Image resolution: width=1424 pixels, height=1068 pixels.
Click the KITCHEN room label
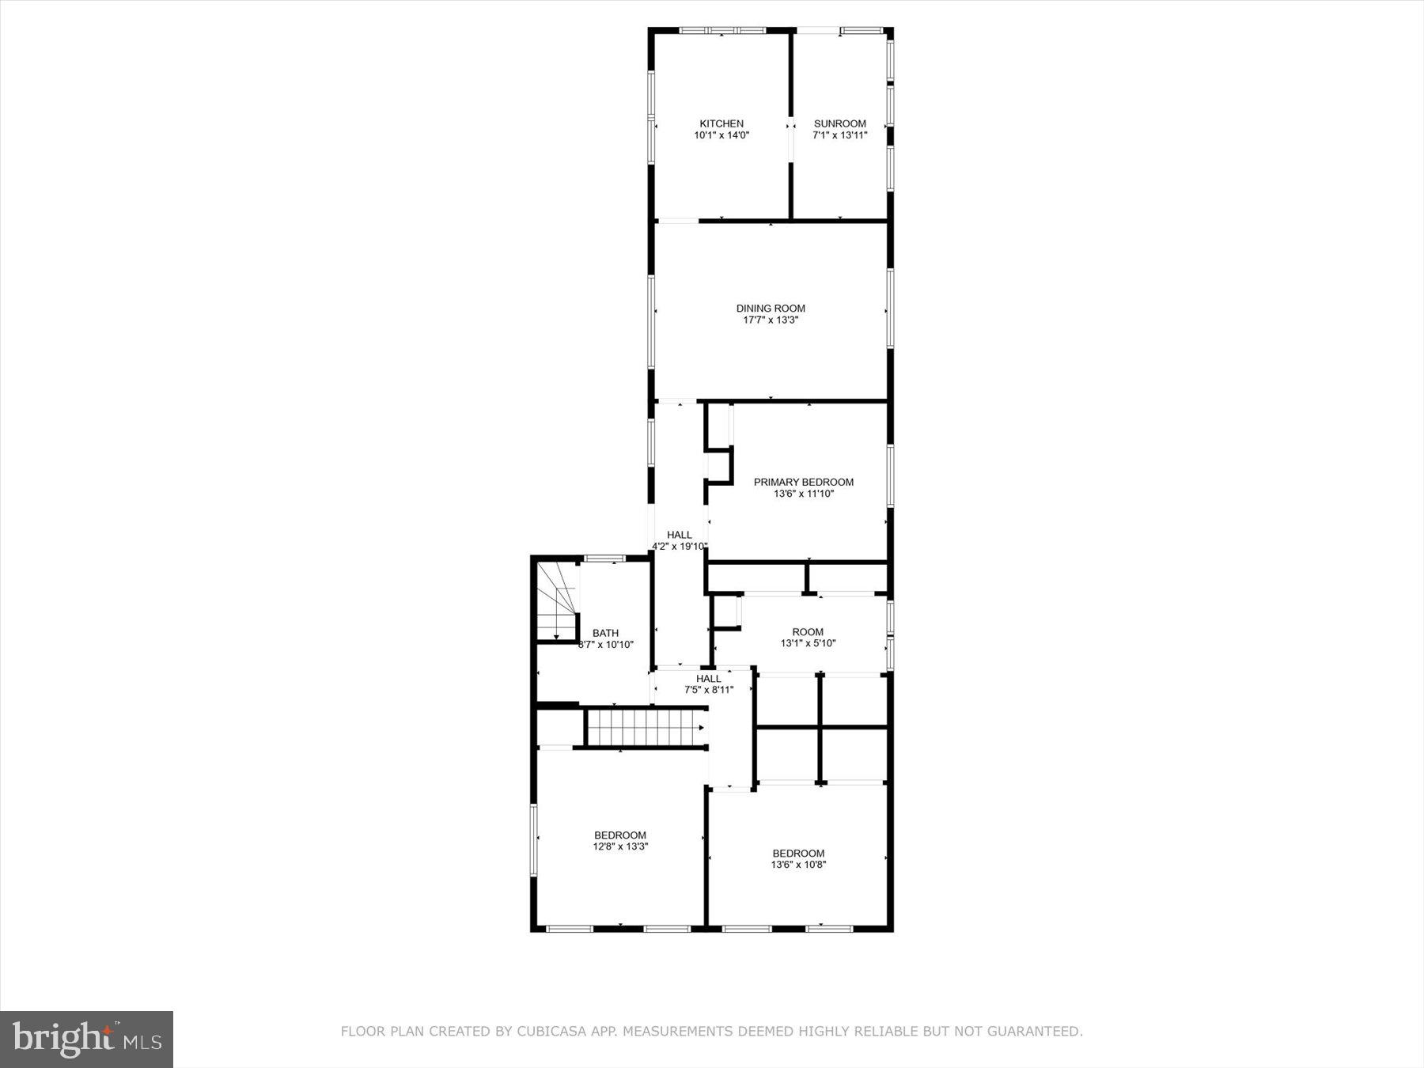[721, 124]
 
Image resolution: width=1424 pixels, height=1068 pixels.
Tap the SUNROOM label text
[839, 124]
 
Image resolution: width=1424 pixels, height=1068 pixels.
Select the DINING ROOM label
[771, 309]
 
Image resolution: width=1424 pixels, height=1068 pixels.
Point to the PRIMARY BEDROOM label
[803, 482]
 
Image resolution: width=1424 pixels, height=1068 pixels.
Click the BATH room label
[605, 633]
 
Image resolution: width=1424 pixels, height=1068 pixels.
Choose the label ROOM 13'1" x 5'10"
[808, 632]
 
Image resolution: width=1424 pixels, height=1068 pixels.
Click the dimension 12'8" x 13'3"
[620, 846]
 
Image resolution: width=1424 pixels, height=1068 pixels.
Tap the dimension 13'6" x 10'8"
[798, 865]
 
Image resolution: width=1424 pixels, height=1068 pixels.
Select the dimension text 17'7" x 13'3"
[771, 320]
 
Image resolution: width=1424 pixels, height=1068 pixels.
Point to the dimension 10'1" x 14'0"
[721, 135]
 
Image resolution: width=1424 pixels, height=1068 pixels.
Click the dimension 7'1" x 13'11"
[839, 135]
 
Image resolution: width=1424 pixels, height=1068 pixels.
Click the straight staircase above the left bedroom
[646, 728]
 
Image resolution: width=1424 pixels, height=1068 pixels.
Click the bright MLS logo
[86, 1039]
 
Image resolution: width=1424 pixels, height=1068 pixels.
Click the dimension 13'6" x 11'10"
[803, 494]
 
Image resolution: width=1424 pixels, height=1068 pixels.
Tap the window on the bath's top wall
[604, 559]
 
